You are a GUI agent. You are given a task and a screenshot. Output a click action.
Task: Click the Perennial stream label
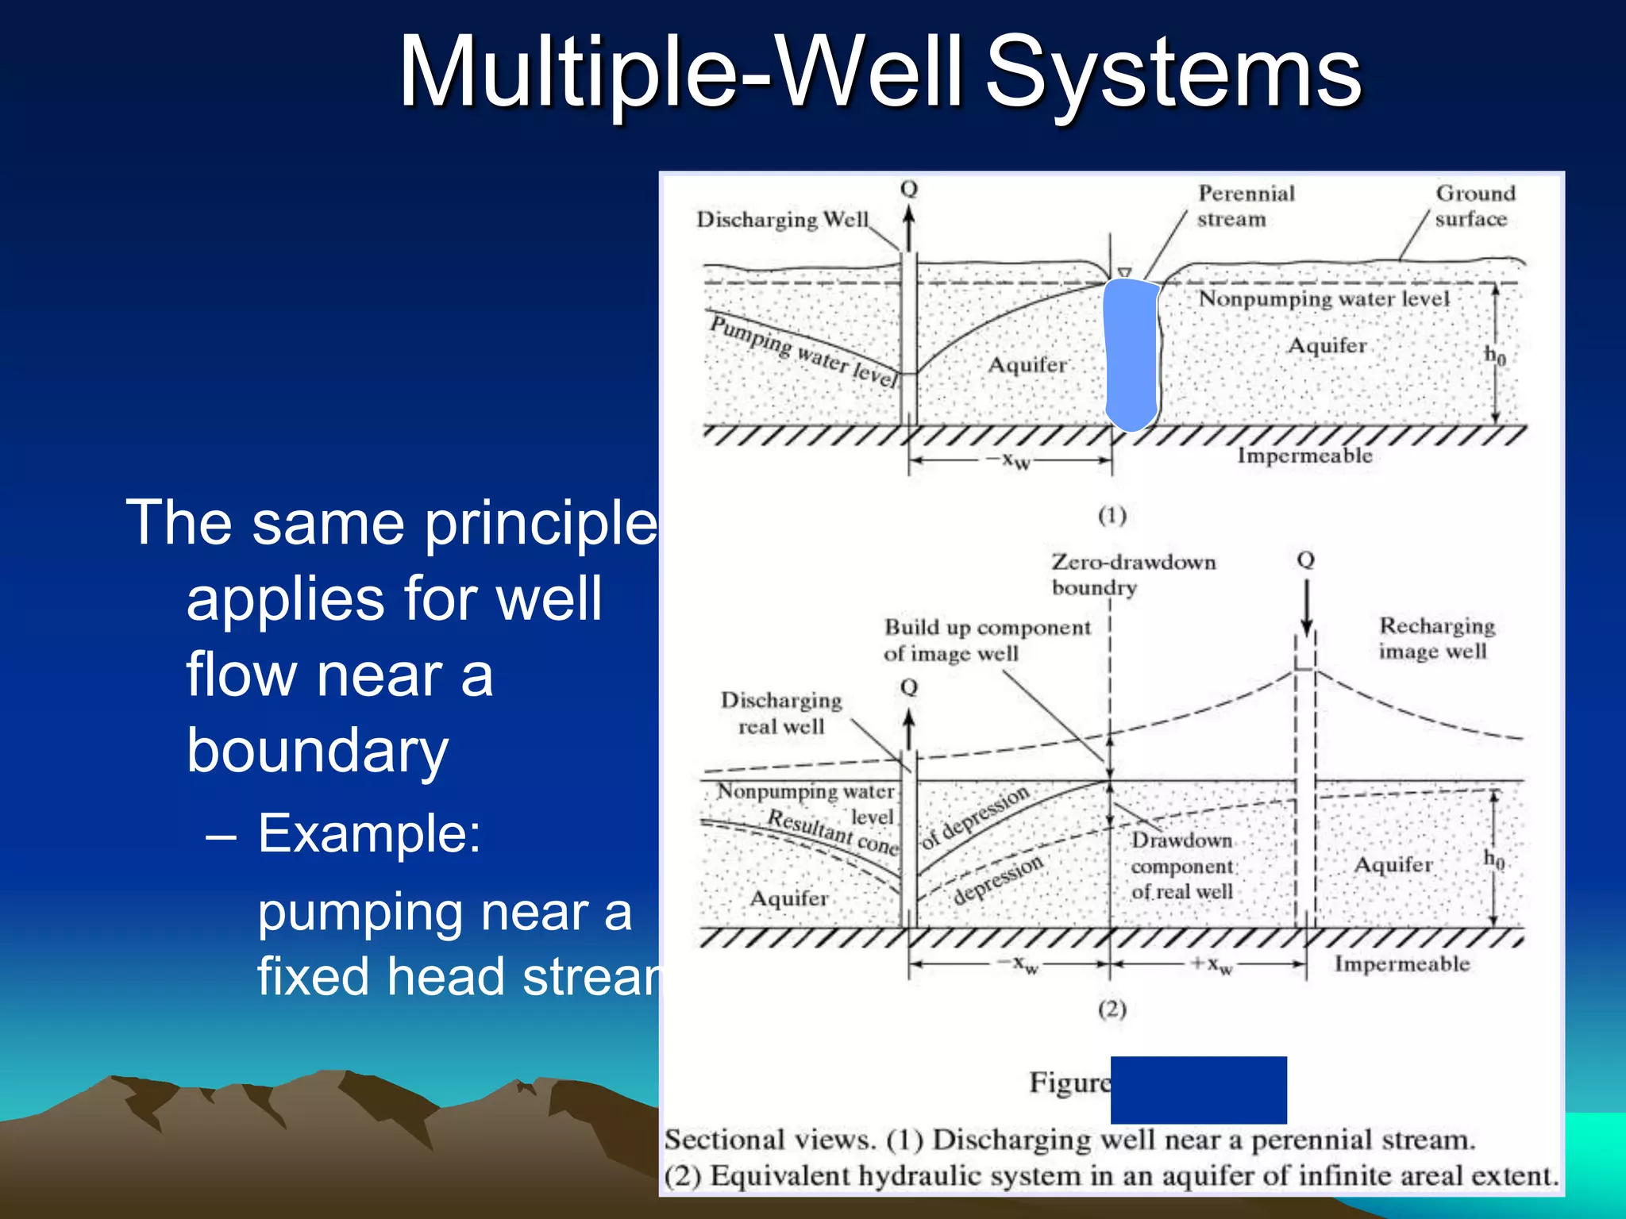coord(1245,206)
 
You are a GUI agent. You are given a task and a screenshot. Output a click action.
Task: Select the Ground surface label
coord(1474,206)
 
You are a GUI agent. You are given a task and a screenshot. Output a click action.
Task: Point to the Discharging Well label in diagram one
coord(782,220)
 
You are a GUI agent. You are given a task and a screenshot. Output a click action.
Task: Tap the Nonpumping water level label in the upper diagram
coord(1324,299)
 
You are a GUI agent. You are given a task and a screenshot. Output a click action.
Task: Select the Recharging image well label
coord(1435,638)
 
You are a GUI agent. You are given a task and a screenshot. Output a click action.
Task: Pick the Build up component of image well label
coord(987,640)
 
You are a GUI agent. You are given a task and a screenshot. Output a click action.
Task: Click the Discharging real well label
coord(780,713)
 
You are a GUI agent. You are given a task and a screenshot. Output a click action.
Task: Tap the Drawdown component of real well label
coord(1181,866)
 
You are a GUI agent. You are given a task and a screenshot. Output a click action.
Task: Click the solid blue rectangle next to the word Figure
coord(1198,1090)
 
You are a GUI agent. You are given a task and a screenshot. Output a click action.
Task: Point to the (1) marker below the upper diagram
coord(1112,516)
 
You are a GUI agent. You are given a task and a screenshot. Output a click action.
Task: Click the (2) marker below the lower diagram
coord(1112,1009)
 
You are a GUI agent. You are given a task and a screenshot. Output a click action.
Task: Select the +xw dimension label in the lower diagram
coord(1212,964)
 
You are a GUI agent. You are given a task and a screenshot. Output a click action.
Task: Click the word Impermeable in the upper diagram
coord(1304,456)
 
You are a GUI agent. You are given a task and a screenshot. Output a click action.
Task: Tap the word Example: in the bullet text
coord(369,833)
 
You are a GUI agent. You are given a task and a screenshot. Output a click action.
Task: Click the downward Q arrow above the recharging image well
coord(1306,607)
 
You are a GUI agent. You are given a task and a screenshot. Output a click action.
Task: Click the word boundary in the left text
coord(318,750)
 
